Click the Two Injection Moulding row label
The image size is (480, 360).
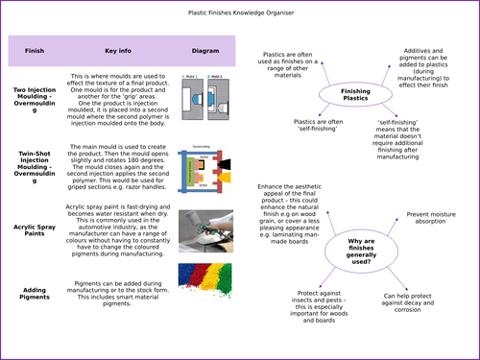[x=34, y=100]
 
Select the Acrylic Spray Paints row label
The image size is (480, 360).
[x=34, y=229]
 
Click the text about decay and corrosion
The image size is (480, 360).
[x=420, y=300]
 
